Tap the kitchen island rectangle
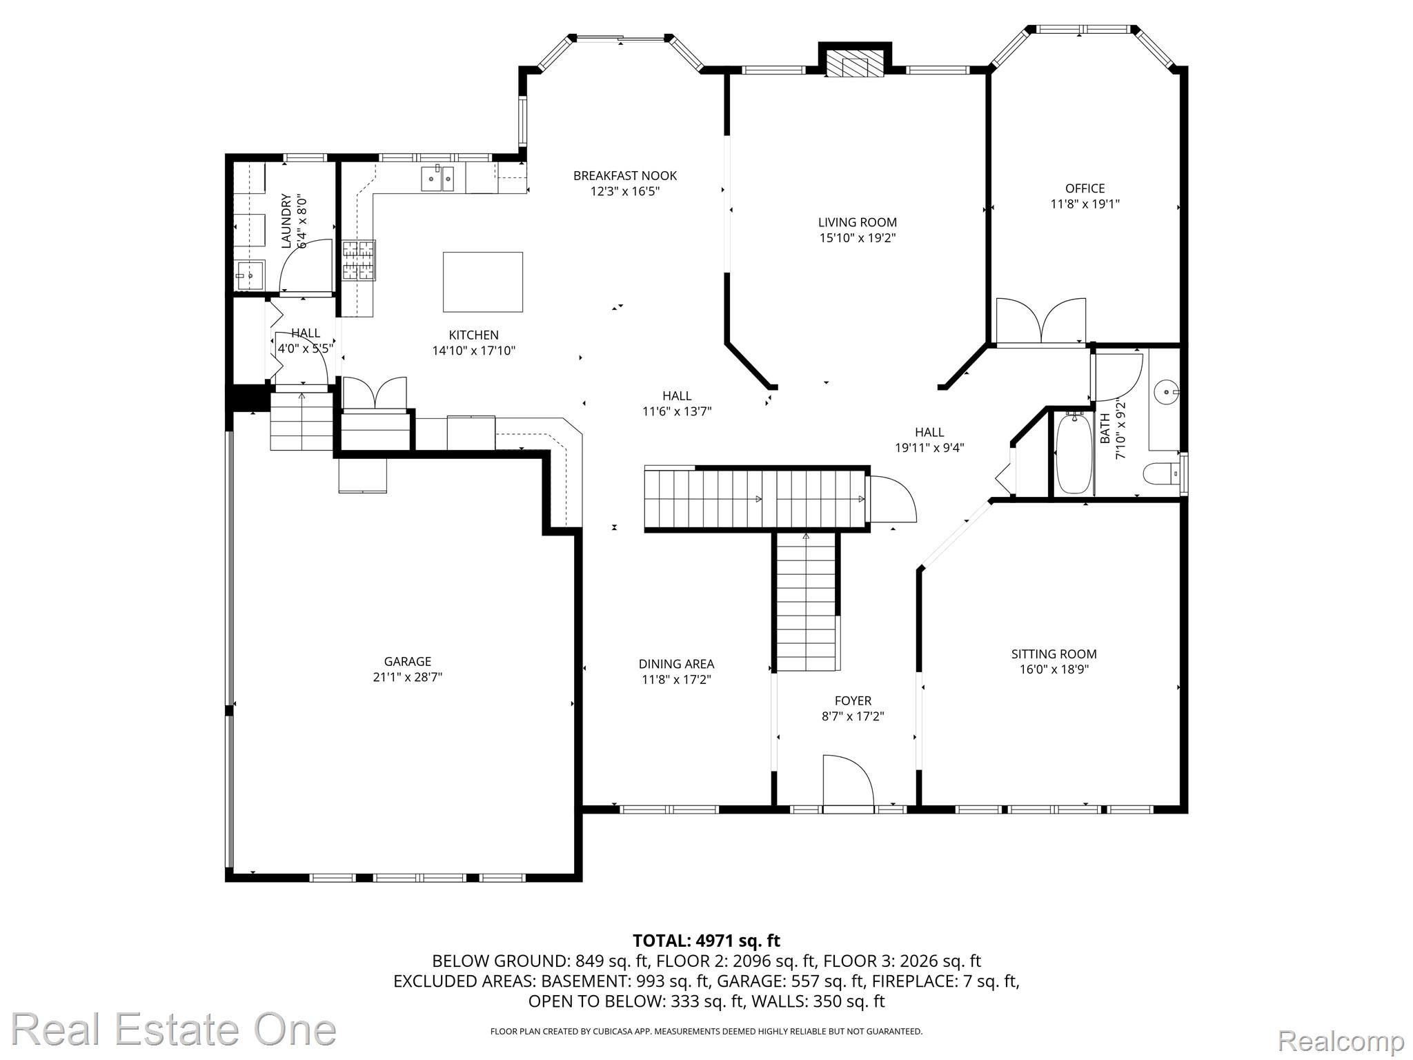click(482, 282)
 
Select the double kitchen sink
click(437, 179)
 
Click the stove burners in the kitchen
click(359, 260)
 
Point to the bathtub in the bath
click(1074, 453)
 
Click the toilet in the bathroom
click(1160, 474)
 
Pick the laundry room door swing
click(304, 266)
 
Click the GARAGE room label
click(407, 661)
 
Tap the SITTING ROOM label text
click(1054, 654)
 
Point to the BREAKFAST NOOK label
click(625, 176)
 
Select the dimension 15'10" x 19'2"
click(857, 238)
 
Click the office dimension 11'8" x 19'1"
click(1085, 204)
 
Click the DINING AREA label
click(676, 664)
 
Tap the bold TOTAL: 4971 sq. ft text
click(706, 941)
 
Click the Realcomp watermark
click(1341, 1040)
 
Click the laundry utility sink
click(248, 276)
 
